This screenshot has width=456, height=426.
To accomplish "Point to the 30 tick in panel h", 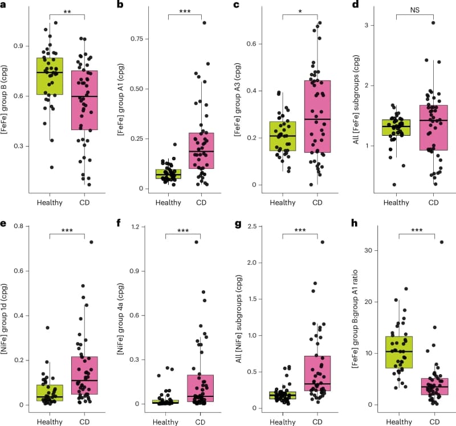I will (373, 250).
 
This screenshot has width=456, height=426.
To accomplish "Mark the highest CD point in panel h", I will (441, 242).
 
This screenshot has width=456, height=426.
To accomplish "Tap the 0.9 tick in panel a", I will (24, 46).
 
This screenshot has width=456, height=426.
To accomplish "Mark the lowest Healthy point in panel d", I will (393, 184).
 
